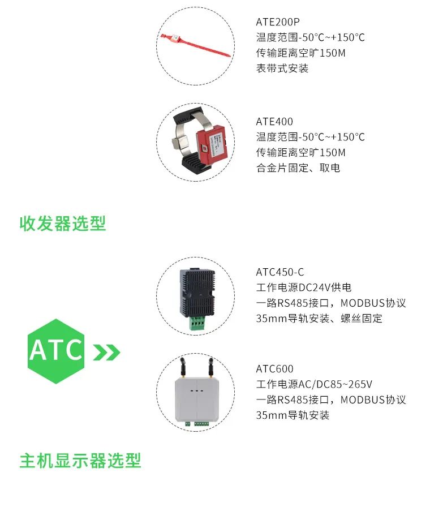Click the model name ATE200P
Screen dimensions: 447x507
click(x=277, y=22)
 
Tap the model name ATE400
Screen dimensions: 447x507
click(x=274, y=122)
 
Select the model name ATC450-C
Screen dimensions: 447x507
click(x=280, y=272)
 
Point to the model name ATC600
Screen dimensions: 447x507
click(x=274, y=369)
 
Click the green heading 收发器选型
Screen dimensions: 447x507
click(x=63, y=224)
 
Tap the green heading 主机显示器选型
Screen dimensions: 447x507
click(x=80, y=461)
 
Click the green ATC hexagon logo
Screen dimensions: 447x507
click(x=56, y=351)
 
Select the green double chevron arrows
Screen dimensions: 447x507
click(x=106, y=352)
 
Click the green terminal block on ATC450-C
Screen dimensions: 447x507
click(x=197, y=323)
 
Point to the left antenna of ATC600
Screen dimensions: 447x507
click(x=182, y=367)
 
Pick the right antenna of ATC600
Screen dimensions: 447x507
click(x=211, y=367)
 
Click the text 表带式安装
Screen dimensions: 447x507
click(x=282, y=68)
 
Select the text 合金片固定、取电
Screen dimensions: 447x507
click(x=298, y=168)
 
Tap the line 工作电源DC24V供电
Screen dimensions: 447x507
click(x=303, y=287)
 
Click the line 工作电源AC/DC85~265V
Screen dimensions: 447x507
click(x=314, y=384)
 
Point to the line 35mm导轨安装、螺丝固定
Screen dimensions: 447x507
click(x=319, y=319)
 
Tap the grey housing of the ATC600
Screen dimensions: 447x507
click(x=197, y=399)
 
